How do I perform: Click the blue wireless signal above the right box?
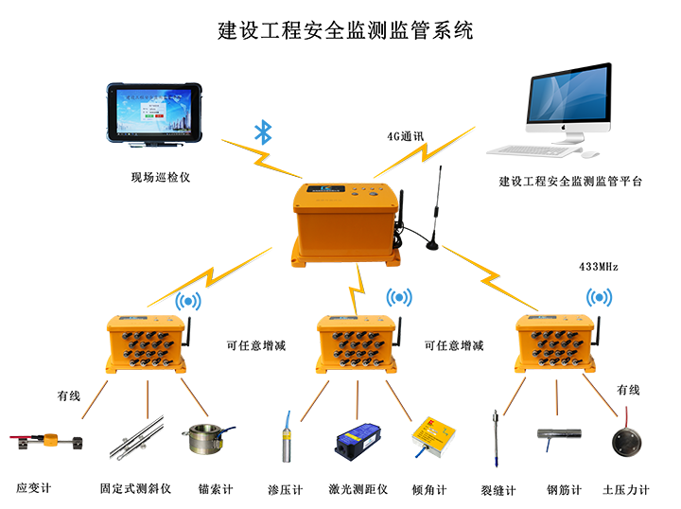[x=599, y=295]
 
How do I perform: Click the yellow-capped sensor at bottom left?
[x=44, y=442]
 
